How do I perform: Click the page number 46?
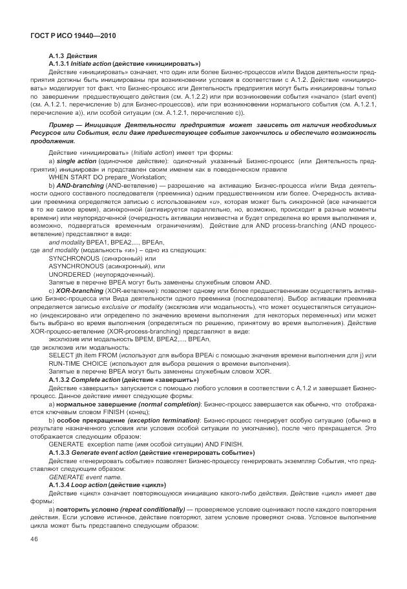[34, 540]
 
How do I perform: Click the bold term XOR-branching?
[80, 290]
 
